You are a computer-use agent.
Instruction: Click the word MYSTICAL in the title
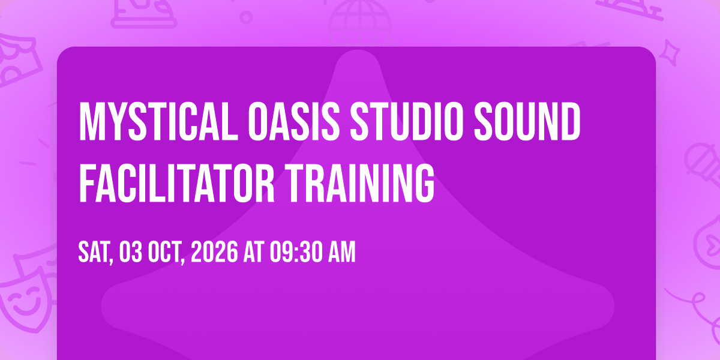tap(158, 121)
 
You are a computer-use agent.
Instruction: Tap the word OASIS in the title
tap(294, 121)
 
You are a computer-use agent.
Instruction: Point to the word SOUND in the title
tap(527, 121)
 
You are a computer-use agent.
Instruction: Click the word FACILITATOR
tap(176, 183)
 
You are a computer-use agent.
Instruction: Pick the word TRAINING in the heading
tap(359, 183)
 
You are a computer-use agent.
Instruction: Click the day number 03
tap(131, 253)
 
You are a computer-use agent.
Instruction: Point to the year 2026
tap(214, 253)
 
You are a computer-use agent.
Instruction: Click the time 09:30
tap(296, 253)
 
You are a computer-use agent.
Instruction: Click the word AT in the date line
tap(254, 253)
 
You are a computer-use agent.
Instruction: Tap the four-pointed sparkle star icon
tap(670, 53)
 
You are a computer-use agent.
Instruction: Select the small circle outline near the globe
tap(246, 17)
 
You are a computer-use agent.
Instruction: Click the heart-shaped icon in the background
tap(709, 244)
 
